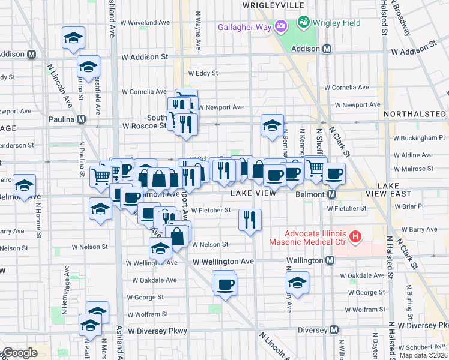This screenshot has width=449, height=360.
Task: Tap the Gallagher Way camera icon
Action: coord(280,26)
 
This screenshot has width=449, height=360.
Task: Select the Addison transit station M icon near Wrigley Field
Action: coord(327,49)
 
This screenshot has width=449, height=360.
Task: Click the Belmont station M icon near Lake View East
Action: coord(331,194)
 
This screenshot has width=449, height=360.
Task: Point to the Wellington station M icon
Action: coord(330,260)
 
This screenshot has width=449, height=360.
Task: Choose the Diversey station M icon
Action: coord(334,330)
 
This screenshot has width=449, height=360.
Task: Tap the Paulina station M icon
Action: coord(81,119)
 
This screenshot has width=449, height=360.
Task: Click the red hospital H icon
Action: coord(355,237)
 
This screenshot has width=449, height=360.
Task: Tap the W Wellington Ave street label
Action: coord(223,262)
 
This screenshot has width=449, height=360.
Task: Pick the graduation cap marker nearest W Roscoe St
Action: coord(272,125)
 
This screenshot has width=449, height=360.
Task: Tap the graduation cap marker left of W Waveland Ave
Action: coord(73,38)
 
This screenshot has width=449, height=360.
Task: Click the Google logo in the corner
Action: coord(20,353)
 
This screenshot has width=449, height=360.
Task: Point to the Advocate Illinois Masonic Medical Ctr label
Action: coord(317,237)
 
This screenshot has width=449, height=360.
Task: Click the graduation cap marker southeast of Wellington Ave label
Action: coord(297,282)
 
